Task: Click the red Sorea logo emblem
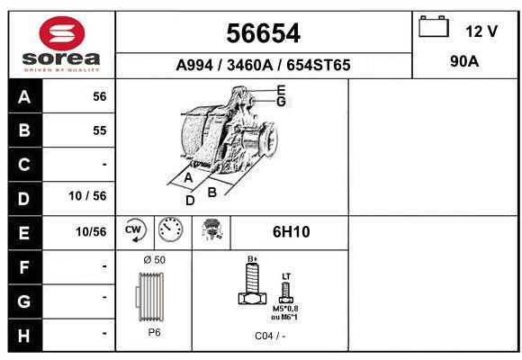point(62,33)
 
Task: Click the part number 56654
point(264,33)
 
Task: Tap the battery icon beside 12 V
point(434,26)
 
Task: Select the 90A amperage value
point(464,61)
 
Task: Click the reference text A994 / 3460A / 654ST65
point(263,65)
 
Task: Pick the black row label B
point(24,130)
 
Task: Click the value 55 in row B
point(100,130)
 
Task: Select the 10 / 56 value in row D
point(87,196)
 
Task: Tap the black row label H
point(24,336)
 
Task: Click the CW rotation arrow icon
point(134,230)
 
